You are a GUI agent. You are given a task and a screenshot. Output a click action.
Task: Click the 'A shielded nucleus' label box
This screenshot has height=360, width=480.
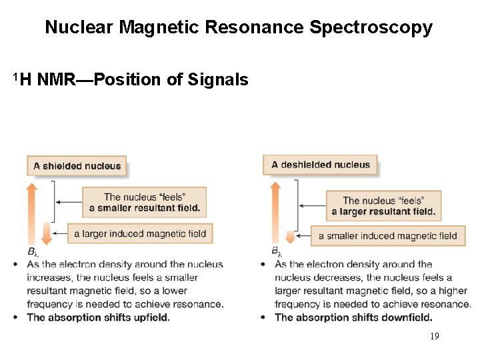(77, 166)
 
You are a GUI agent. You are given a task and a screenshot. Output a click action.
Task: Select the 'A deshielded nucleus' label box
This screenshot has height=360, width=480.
(321, 165)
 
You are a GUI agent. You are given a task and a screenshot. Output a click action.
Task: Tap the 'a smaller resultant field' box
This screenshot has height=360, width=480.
(144, 203)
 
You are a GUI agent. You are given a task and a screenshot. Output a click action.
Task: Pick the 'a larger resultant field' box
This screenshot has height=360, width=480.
(383, 206)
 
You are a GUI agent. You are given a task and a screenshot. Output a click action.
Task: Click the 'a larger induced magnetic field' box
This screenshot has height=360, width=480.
(140, 234)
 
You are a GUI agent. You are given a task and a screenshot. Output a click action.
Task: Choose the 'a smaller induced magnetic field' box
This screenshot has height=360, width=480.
(387, 235)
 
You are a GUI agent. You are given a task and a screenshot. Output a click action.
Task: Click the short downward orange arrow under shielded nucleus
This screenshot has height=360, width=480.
(46, 233)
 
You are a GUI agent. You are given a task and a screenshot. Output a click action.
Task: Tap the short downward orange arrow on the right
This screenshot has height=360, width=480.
(290, 237)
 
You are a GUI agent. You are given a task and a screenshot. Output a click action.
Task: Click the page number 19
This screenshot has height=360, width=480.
(434, 337)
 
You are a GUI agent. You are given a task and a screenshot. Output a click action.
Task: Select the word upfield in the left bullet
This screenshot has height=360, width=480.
(152, 317)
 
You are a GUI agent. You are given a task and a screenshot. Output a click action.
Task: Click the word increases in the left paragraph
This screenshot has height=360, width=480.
(49, 277)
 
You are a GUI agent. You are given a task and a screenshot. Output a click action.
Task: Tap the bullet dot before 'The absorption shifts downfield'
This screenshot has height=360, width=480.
(265, 317)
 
